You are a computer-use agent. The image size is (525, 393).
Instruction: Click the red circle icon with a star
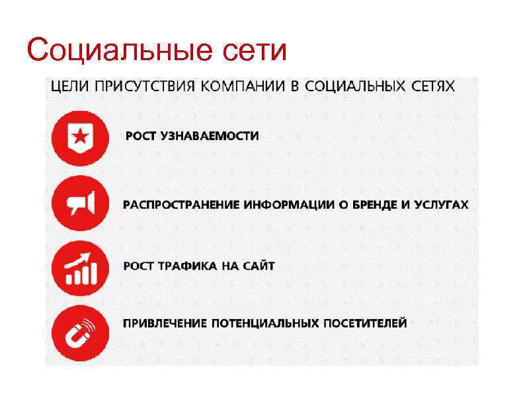tap(79, 137)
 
